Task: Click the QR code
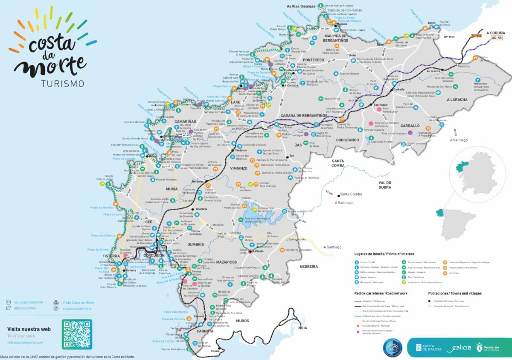point(77,334)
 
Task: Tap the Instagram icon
point(8,302)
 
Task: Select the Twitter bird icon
point(8,308)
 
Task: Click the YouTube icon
point(56,302)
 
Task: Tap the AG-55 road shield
point(496,38)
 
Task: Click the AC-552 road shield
point(476,35)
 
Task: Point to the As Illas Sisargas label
point(301,6)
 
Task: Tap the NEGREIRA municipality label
point(308,266)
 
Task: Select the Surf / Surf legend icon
point(445,273)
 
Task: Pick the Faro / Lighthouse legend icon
point(404,277)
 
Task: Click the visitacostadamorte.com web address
point(25,342)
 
